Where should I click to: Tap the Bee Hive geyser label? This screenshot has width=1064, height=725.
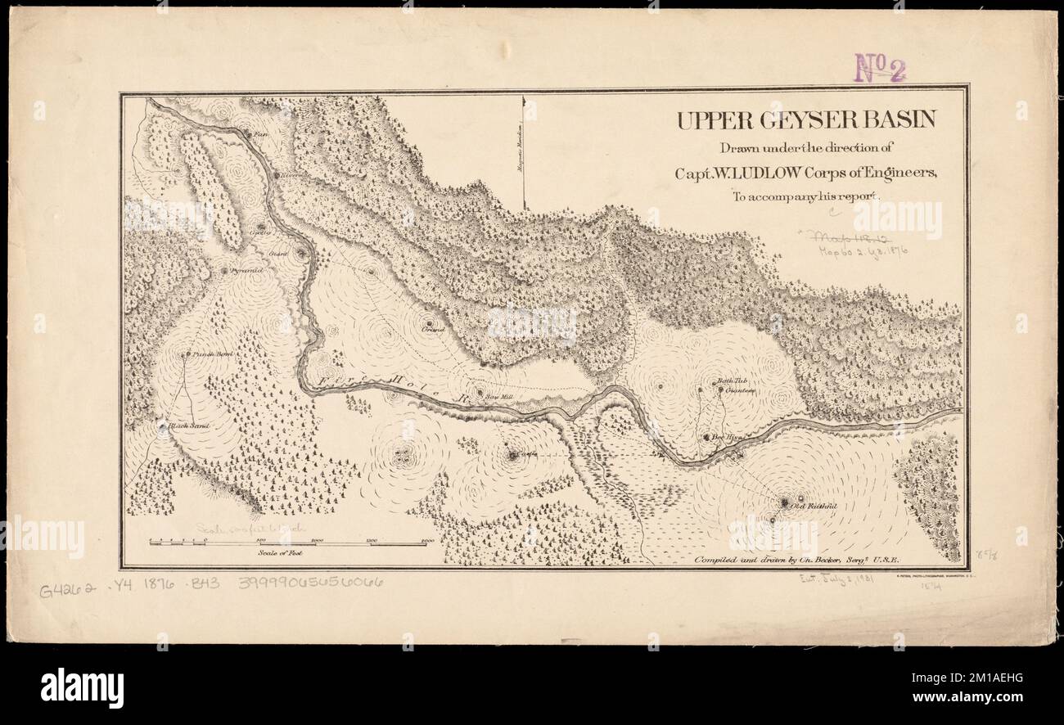pos(726,438)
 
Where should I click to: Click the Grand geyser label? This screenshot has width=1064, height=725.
pos(433,330)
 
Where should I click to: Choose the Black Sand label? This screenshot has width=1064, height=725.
pos(189,426)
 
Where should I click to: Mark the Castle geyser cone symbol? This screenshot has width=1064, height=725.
pos(512,455)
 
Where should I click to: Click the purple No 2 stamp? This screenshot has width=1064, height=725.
pos(880,69)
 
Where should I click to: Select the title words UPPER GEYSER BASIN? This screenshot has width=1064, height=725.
pos(805,120)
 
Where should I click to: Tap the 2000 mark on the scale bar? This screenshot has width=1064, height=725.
pos(426,542)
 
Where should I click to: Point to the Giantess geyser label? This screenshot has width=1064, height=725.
pos(738,390)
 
